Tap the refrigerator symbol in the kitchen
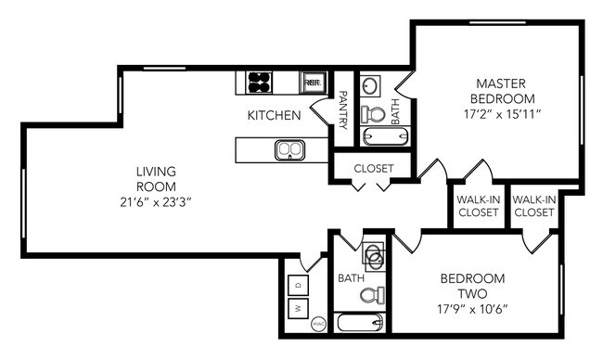pos(313,83)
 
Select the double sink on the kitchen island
pos(289,148)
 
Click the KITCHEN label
pos(273,116)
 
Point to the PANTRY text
pos(342,109)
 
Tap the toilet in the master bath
pos(374,114)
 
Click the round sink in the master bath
pos(370,86)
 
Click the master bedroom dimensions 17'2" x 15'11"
pos(501,114)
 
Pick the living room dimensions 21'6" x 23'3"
pos(155,200)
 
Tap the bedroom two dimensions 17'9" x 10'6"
pos(472,308)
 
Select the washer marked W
pos(299,307)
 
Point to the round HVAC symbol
pos(317,325)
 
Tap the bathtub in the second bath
pos(358,324)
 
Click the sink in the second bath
pos(373,255)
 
